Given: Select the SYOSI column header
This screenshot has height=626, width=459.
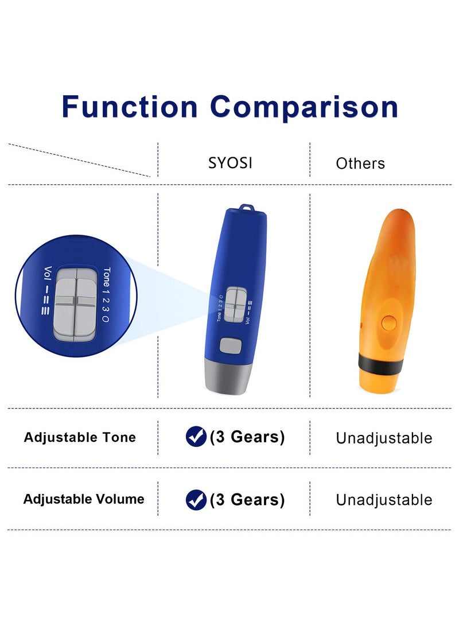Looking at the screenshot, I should [x=230, y=163].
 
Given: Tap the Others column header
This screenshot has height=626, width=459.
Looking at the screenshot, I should [x=360, y=164].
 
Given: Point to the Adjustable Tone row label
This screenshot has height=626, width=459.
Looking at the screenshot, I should [x=80, y=437].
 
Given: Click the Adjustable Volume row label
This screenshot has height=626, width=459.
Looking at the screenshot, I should [x=83, y=499].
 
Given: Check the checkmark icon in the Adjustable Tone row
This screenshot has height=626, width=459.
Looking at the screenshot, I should [x=196, y=437].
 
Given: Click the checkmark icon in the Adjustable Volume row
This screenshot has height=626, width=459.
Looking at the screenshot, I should [x=196, y=500].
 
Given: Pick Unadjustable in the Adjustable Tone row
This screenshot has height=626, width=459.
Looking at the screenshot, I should [x=384, y=438].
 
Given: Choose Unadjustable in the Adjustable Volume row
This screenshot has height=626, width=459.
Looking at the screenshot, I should [x=384, y=500].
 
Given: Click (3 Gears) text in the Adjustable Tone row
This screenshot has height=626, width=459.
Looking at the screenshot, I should [x=247, y=437].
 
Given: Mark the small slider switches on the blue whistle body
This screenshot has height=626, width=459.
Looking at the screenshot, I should [x=235, y=305].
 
